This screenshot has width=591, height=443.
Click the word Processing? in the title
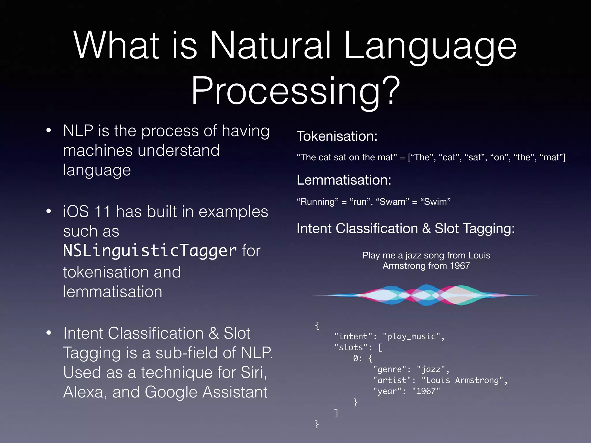pyautogui.click(x=295, y=91)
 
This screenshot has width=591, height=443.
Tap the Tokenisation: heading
pyautogui.click(x=337, y=136)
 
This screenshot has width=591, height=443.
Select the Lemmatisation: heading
pyautogui.click(x=344, y=180)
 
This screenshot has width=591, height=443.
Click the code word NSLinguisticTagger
pyautogui.click(x=150, y=250)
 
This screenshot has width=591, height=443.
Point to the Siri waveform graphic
pyautogui.click(x=426, y=295)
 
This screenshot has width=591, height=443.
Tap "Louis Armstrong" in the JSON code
pyautogui.click(x=462, y=380)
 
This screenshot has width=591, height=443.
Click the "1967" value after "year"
pyautogui.click(x=426, y=391)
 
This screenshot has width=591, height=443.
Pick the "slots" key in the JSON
pyautogui.click(x=351, y=347)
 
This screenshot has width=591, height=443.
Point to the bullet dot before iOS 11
pyautogui.click(x=49, y=211)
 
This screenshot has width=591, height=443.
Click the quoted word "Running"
pyautogui.click(x=317, y=202)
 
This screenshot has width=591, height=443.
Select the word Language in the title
pyautogui.click(x=430, y=46)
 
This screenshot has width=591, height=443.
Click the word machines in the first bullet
pyautogui.click(x=98, y=151)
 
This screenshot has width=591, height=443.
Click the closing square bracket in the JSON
pyautogui.click(x=336, y=413)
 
